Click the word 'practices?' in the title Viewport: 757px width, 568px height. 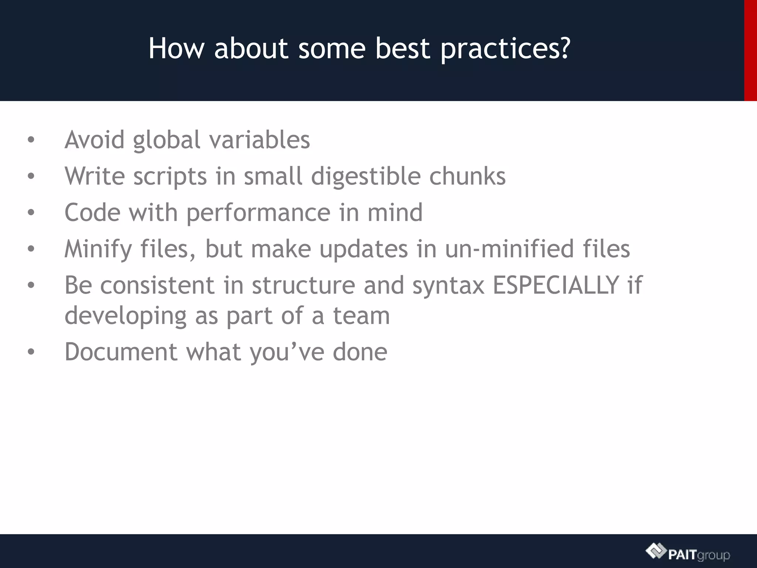pyautogui.click(x=505, y=49)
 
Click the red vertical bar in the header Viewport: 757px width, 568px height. pyautogui.click(x=750, y=50)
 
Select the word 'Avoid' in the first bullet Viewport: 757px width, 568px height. pyautogui.click(x=95, y=140)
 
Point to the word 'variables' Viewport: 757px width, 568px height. pyautogui.click(x=259, y=140)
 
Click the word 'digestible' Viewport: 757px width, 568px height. pyautogui.click(x=366, y=176)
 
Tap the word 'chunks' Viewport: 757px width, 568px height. pyautogui.click(x=467, y=176)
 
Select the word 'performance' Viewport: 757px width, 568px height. pyautogui.click(x=258, y=213)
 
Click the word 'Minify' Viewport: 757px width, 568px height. pyautogui.click(x=98, y=249)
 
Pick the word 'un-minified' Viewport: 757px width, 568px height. pyautogui.click(x=509, y=248)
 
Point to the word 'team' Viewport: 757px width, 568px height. pyautogui.click(x=361, y=316)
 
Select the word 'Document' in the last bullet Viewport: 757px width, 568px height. pyautogui.click(x=121, y=352)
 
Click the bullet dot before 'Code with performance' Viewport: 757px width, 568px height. pyautogui.click(x=31, y=213)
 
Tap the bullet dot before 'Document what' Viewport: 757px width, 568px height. pyautogui.click(x=31, y=352)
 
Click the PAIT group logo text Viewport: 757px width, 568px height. pyautogui.click(x=699, y=555)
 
